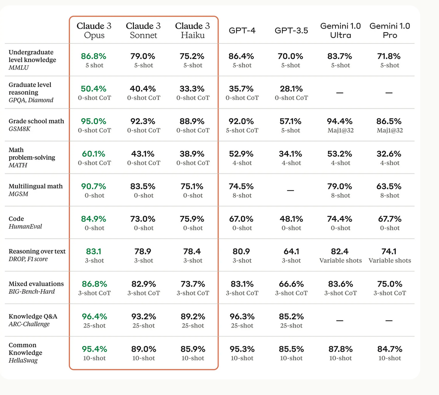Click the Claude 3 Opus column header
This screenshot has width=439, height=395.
pyautogui.click(x=94, y=30)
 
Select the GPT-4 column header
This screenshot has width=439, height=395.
pyautogui.click(x=242, y=31)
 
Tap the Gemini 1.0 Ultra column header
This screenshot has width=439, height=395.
pyautogui.click(x=340, y=30)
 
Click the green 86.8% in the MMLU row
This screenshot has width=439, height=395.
pyautogui.click(x=94, y=56)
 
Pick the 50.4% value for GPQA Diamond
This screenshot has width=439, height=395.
pyautogui.click(x=94, y=89)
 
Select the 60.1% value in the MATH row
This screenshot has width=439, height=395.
pyautogui.click(x=94, y=154)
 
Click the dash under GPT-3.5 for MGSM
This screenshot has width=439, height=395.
pyautogui.click(x=290, y=190)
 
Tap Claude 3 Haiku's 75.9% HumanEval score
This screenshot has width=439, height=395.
pyautogui.click(x=192, y=219)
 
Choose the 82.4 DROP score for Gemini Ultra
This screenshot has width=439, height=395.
pyautogui.click(x=340, y=252)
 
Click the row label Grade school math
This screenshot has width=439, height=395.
pyautogui.click(x=36, y=121)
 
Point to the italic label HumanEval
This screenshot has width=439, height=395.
pyautogui.click(x=25, y=227)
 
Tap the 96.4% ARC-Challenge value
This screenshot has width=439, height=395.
pyautogui.click(x=94, y=316)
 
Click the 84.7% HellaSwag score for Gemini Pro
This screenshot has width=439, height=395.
pyautogui.click(x=389, y=349)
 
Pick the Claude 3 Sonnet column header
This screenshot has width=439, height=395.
pyautogui.click(x=143, y=30)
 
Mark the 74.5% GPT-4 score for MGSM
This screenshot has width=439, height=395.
pyautogui.click(x=242, y=187)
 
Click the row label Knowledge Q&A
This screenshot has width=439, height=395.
pyautogui.click(x=33, y=316)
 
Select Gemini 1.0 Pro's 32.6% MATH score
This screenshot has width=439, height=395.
pyautogui.click(x=389, y=154)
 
